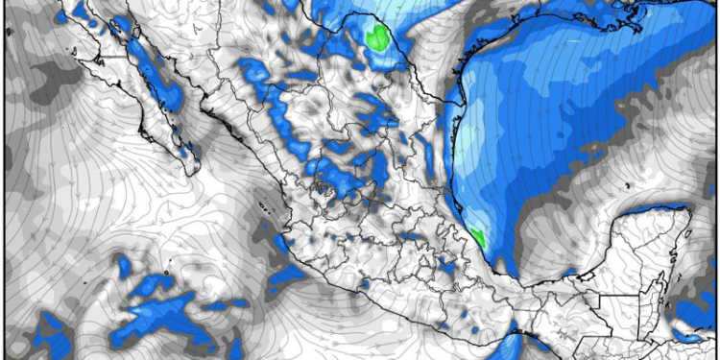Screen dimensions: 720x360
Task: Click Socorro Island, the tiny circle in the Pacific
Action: pos(166,272)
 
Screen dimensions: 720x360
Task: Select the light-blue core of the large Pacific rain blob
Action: pos(158,313)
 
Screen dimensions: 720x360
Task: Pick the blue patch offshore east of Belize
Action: pos(697,312)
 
